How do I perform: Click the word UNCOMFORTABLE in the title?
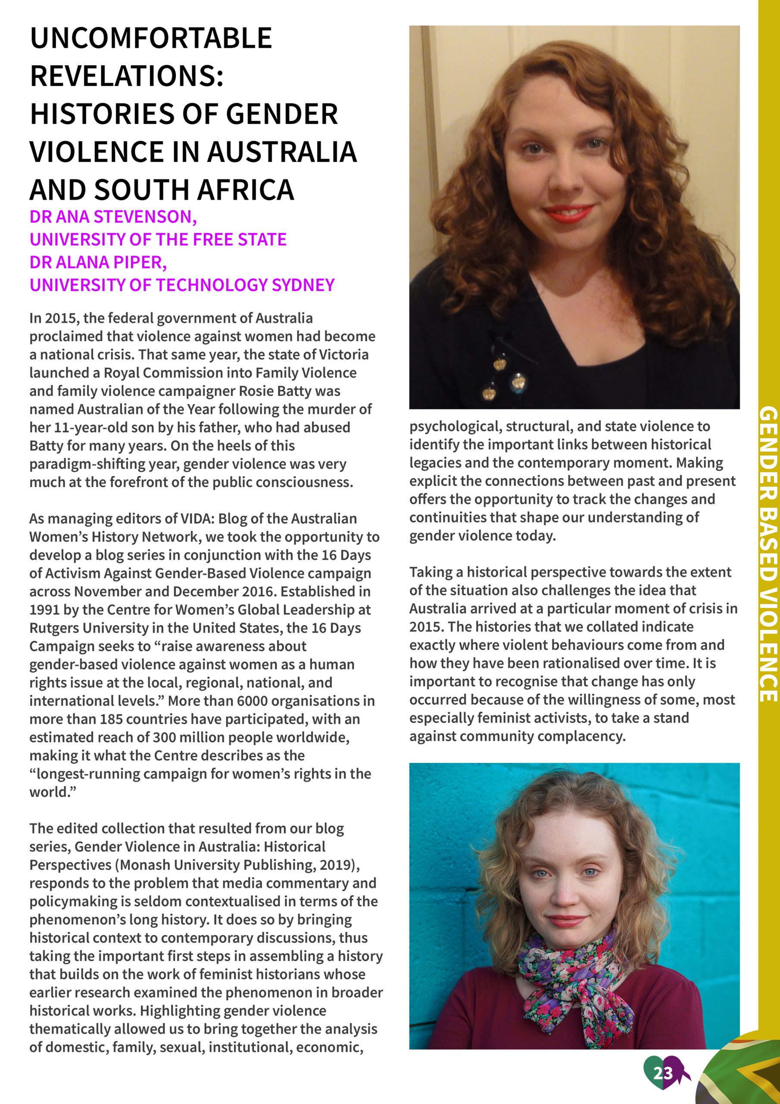coord(151,38)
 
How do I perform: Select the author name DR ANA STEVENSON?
coord(113,217)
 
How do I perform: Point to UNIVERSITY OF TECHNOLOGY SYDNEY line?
coord(182,285)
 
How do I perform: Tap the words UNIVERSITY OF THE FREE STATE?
coord(158,239)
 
